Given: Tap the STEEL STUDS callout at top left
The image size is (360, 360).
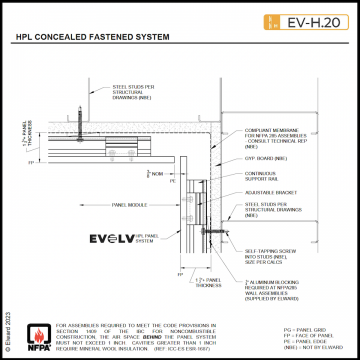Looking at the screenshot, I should [124, 91].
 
